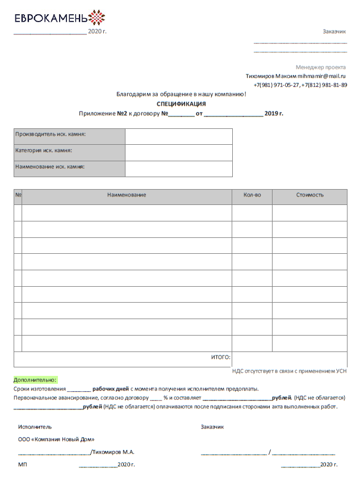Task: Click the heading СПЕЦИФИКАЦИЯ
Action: pos(181,104)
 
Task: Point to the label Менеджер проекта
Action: pos(321,67)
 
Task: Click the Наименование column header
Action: pos(127,195)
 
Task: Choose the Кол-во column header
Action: pos(252,195)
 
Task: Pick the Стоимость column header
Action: pos(309,195)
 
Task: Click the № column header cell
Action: pos(18,195)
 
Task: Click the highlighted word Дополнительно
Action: pos(35,379)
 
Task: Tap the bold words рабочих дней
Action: pos(111,389)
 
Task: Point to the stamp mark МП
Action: pos(23,464)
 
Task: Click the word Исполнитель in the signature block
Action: pos(35,426)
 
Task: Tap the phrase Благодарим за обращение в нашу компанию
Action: pos(181,93)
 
